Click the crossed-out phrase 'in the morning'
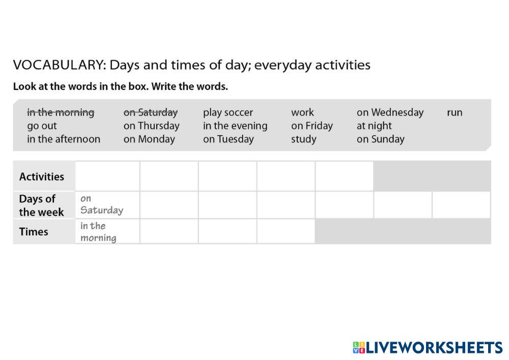click(x=61, y=113)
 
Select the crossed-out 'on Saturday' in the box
click(x=151, y=113)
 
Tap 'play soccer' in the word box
click(x=228, y=113)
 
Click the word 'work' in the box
click(x=302, y=113)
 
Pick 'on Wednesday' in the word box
click(x=390, y=113)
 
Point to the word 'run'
click(x=455, y=113)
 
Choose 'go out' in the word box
click(x=42, y=126)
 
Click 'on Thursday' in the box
click(x=152, y=126)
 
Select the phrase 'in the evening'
click(x=235, y=126)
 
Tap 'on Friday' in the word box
click(x=312, y=126)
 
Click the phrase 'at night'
click(x=374, y=126)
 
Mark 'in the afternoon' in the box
click(x=64, y=139)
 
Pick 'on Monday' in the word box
click(x=149, y=139)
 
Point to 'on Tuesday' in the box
click(x=229, y=139)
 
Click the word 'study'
click(x=304, y=139)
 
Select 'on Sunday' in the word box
click(x=380, y=139)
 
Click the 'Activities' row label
click(x=42, y=177)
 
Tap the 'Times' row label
click(x=34, y=232)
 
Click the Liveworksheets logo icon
click(x=359, y=348)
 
